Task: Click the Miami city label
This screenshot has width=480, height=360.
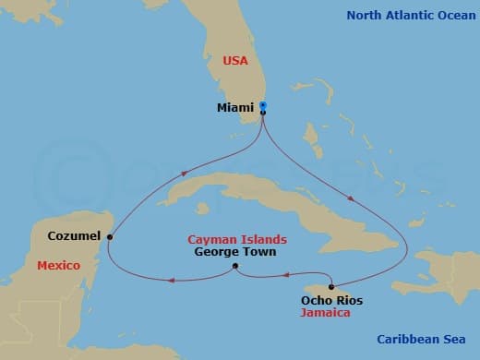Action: point(234,109)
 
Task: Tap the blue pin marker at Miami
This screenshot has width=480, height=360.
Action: point(263,105)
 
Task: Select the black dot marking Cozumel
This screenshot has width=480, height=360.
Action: point(110,236)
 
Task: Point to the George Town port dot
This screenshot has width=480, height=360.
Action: point(235,267)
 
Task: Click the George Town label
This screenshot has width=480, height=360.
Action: point(234,251)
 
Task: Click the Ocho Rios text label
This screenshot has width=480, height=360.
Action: point(331,300)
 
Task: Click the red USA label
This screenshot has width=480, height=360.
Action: point(235,60)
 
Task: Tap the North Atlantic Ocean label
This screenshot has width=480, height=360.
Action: point(410,15)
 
